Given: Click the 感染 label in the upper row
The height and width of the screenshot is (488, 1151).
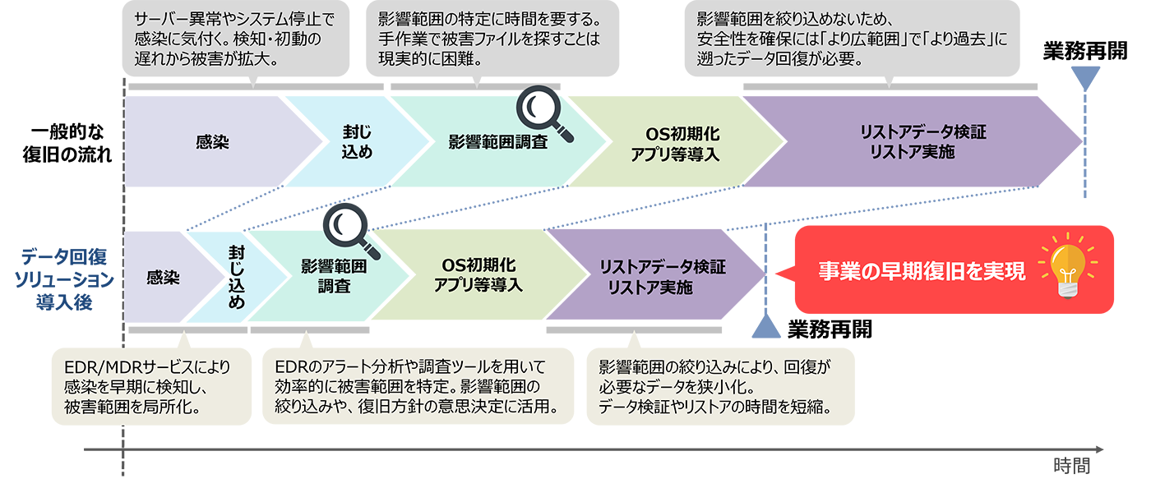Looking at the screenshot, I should pos(212,141).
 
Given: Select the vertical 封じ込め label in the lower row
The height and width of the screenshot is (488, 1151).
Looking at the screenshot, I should pos(236,278).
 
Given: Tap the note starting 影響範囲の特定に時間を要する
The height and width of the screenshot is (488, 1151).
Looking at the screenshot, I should pos(489,39).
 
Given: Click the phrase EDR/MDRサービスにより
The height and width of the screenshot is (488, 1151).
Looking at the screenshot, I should pos(147,367).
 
